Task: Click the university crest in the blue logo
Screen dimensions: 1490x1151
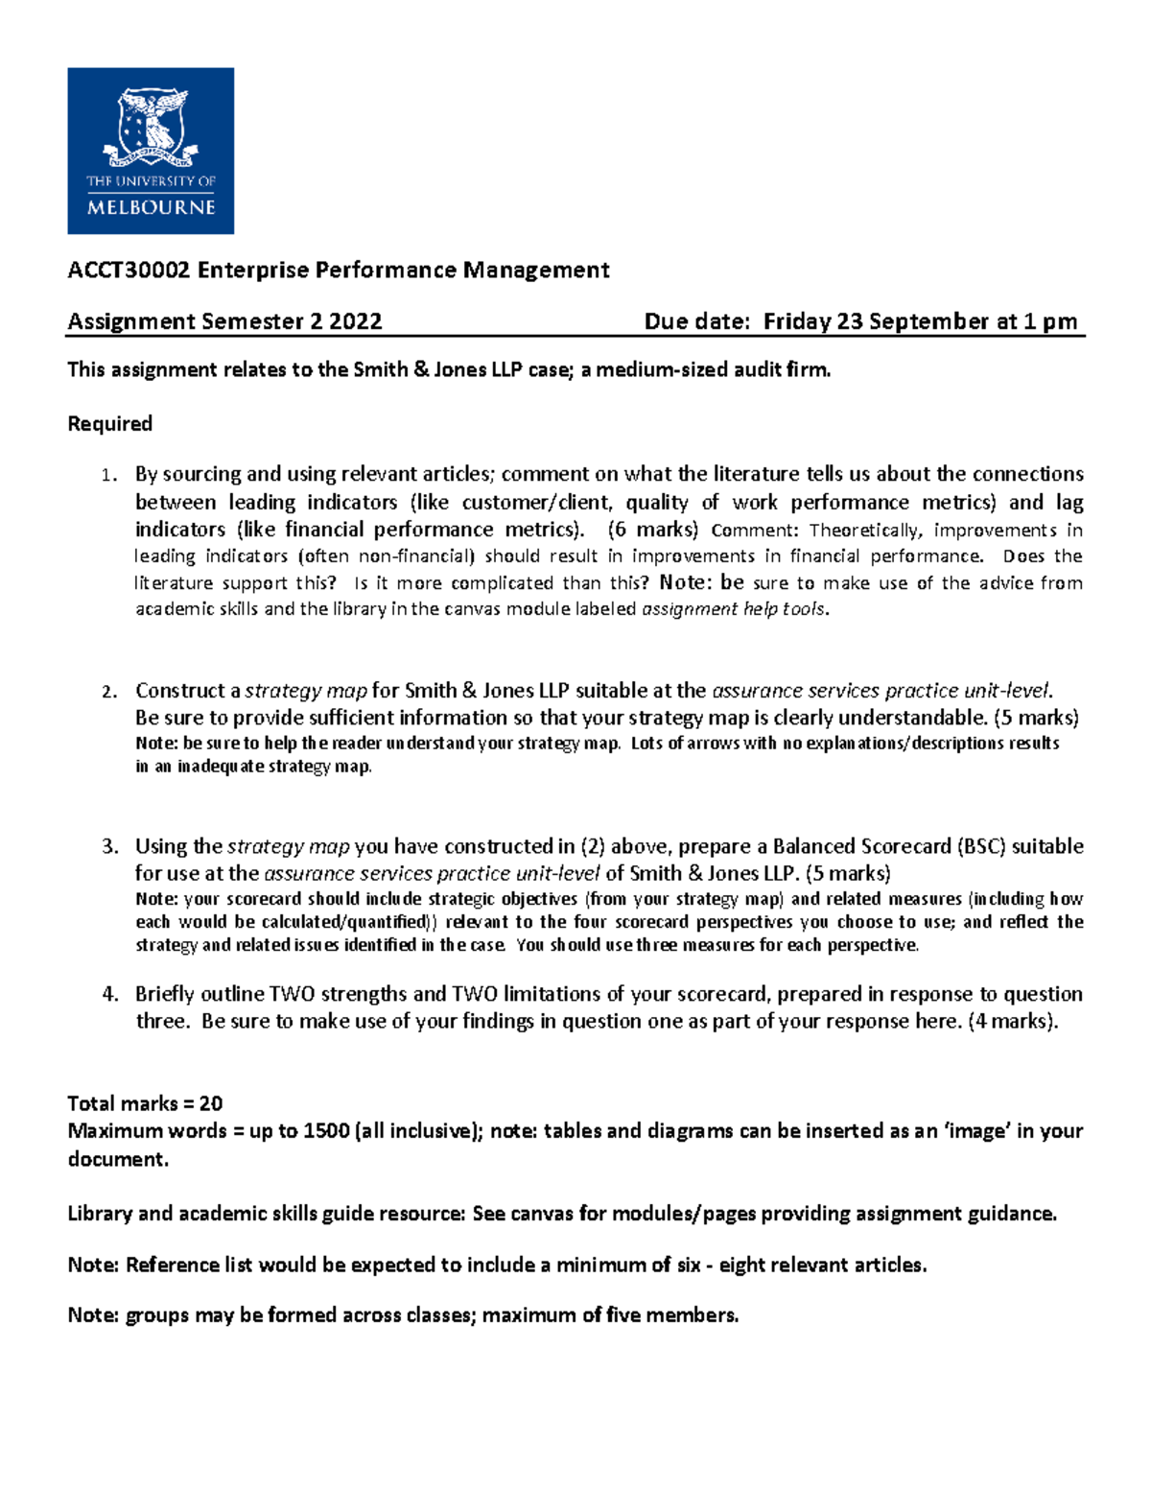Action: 151,125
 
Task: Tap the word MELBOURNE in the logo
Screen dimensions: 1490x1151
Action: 151,207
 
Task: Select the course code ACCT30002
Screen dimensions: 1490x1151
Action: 129,271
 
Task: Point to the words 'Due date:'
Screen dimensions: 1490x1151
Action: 696,321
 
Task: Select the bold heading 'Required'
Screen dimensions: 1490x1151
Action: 109,424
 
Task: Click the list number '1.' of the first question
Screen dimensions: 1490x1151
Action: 110,475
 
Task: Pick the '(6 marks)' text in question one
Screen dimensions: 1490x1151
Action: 653,530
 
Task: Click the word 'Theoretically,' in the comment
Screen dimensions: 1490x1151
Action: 867,531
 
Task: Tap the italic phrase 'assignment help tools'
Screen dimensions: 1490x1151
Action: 733,609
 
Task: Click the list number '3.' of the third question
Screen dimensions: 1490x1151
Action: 110,846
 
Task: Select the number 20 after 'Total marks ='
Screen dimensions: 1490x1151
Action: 211,1103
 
